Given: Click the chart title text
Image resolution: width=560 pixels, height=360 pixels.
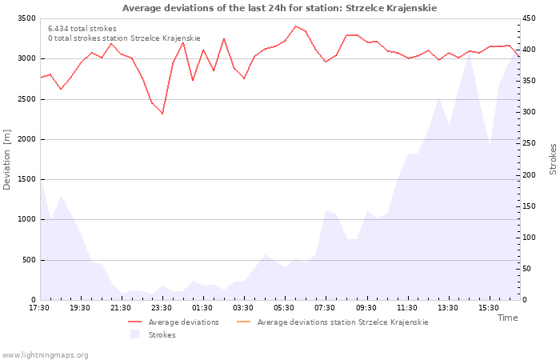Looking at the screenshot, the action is pyautogui.click(x=279, y=8).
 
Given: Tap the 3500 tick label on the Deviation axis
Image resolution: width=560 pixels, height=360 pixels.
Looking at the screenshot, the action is pyautogui.click(x=26, y=18).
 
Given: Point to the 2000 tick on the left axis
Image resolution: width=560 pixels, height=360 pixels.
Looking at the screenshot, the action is pyautogui.click(x=26, y=139).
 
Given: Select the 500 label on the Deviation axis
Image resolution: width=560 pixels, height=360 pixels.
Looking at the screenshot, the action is pyautogui.click(x=29, y=260).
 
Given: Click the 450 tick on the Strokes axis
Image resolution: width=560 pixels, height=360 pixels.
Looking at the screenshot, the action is pyautogui.click(x=529, y=18).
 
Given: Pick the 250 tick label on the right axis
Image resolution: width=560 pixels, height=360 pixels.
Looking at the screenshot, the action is pyautogui.click(x=529, y=143).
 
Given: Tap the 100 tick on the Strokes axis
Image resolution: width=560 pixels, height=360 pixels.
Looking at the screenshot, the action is pyautogui.click(x=529, y=238).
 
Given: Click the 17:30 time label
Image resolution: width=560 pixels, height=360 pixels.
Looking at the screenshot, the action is pyautogui.click(x=39, y=308).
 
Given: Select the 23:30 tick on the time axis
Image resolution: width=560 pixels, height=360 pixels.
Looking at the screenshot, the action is pyautogui.click(x=162, y=308).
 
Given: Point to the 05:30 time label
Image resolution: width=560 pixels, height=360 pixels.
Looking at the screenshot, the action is pyautogui.click(x=284, y=308).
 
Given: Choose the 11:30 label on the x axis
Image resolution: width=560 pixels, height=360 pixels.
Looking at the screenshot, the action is pyautogui.click(x=406, y=308).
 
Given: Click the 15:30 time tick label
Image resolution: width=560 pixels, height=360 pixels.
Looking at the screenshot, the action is pyautogui.click(x=489, y=308).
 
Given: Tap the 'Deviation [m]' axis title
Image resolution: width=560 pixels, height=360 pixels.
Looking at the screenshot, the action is pyautogui.click(x=6, y=160).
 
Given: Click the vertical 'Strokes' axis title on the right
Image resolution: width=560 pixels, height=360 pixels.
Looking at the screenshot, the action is pyautogui.click(x=553, y=159).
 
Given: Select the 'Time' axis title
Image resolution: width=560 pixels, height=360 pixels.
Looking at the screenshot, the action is pyautogui.click(x=507, y=318).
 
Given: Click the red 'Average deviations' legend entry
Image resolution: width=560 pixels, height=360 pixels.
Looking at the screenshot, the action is pyautogui.click(x=174, y=322).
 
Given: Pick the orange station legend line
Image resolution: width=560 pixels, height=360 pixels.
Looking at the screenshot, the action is pyautogui.click(x=243, y=322).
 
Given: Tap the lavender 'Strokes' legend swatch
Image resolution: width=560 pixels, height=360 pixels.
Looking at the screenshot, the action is pyautogui.click(x=134, y=334).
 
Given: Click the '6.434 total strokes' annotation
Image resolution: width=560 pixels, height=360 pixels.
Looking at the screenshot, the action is pyautogui.click(x=82, y=29).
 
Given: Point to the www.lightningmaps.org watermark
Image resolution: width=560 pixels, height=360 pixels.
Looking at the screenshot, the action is pyautogui.click(x=45, y=355).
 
